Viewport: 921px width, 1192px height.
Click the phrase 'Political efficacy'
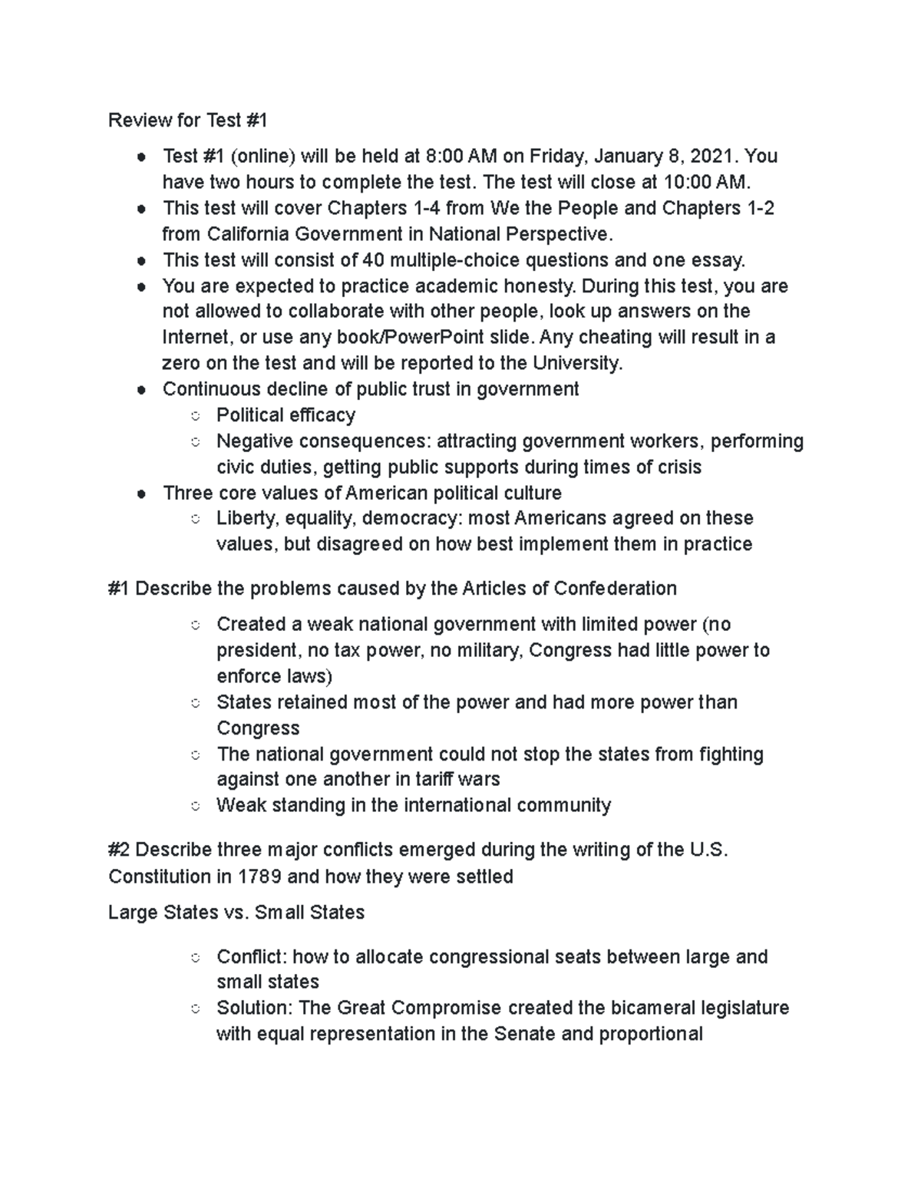286,415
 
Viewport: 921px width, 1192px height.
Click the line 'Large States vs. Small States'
236,913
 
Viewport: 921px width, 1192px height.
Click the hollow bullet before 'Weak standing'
196,806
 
